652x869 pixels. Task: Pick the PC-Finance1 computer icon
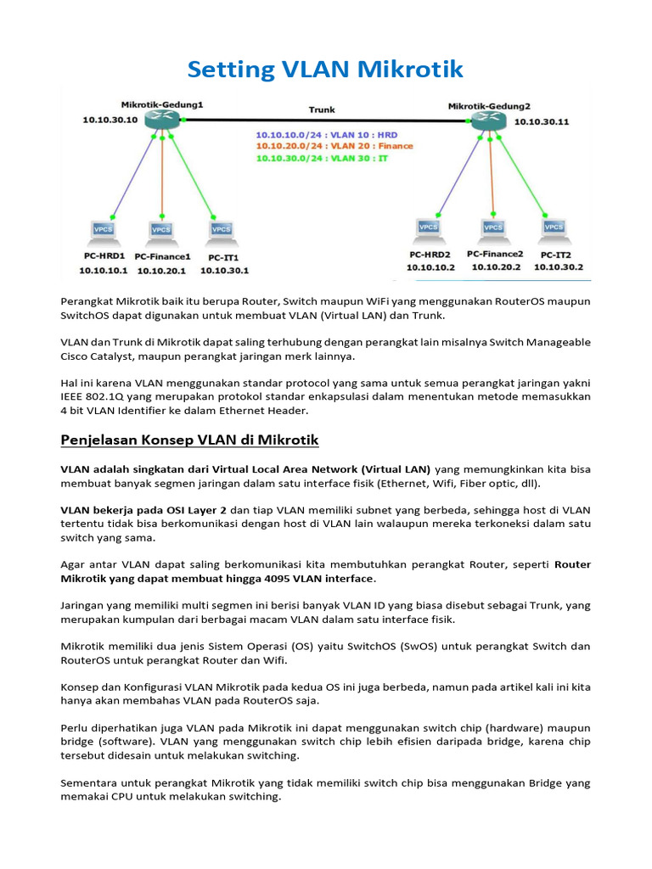[161, 230]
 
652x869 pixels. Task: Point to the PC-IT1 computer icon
[221, 230]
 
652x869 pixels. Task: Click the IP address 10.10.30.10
[110, 121]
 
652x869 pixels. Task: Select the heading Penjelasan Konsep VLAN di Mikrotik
[189, 440]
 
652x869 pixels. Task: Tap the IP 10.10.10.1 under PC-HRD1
[103, 271]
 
